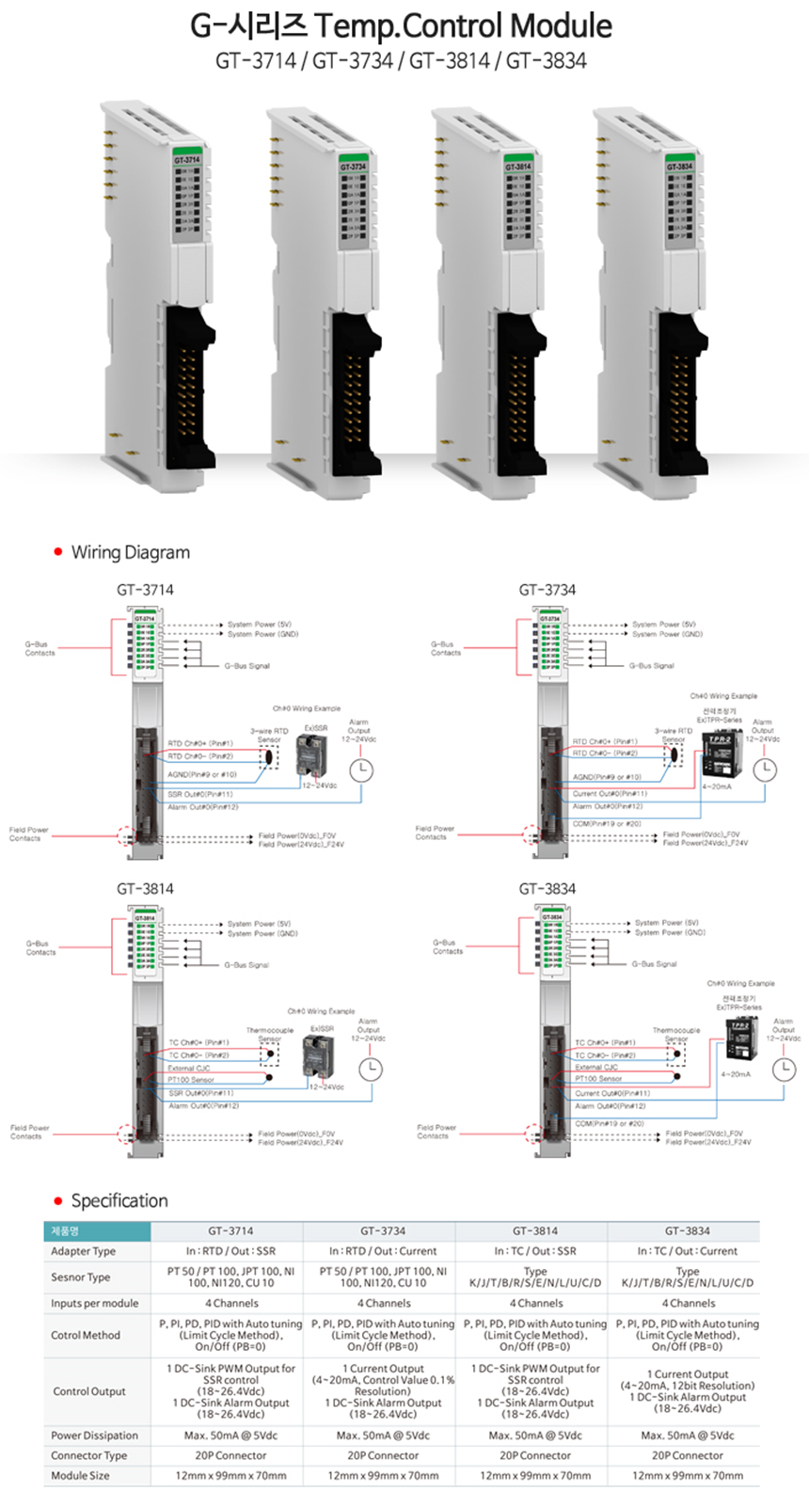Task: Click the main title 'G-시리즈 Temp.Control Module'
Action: (402, 25)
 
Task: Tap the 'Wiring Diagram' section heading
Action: (130, 552)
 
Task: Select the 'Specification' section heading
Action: (119, 1200)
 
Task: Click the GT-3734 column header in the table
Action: (382, 1230)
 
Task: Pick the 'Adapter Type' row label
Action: (84, 1251)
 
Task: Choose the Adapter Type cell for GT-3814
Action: (534, 1251)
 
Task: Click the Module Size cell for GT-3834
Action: (687, 1475)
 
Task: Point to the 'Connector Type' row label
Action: (88, 1455)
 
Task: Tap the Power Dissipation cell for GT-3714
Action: (230, 1435)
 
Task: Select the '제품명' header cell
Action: (66, 1230)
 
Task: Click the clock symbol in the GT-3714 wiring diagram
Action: (361, 770)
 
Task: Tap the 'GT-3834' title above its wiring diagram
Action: (547, 888)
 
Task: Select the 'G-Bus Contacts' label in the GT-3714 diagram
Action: (40, 648)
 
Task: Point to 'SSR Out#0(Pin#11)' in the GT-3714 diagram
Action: (200, 794)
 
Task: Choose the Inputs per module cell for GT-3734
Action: (382, 1303)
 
